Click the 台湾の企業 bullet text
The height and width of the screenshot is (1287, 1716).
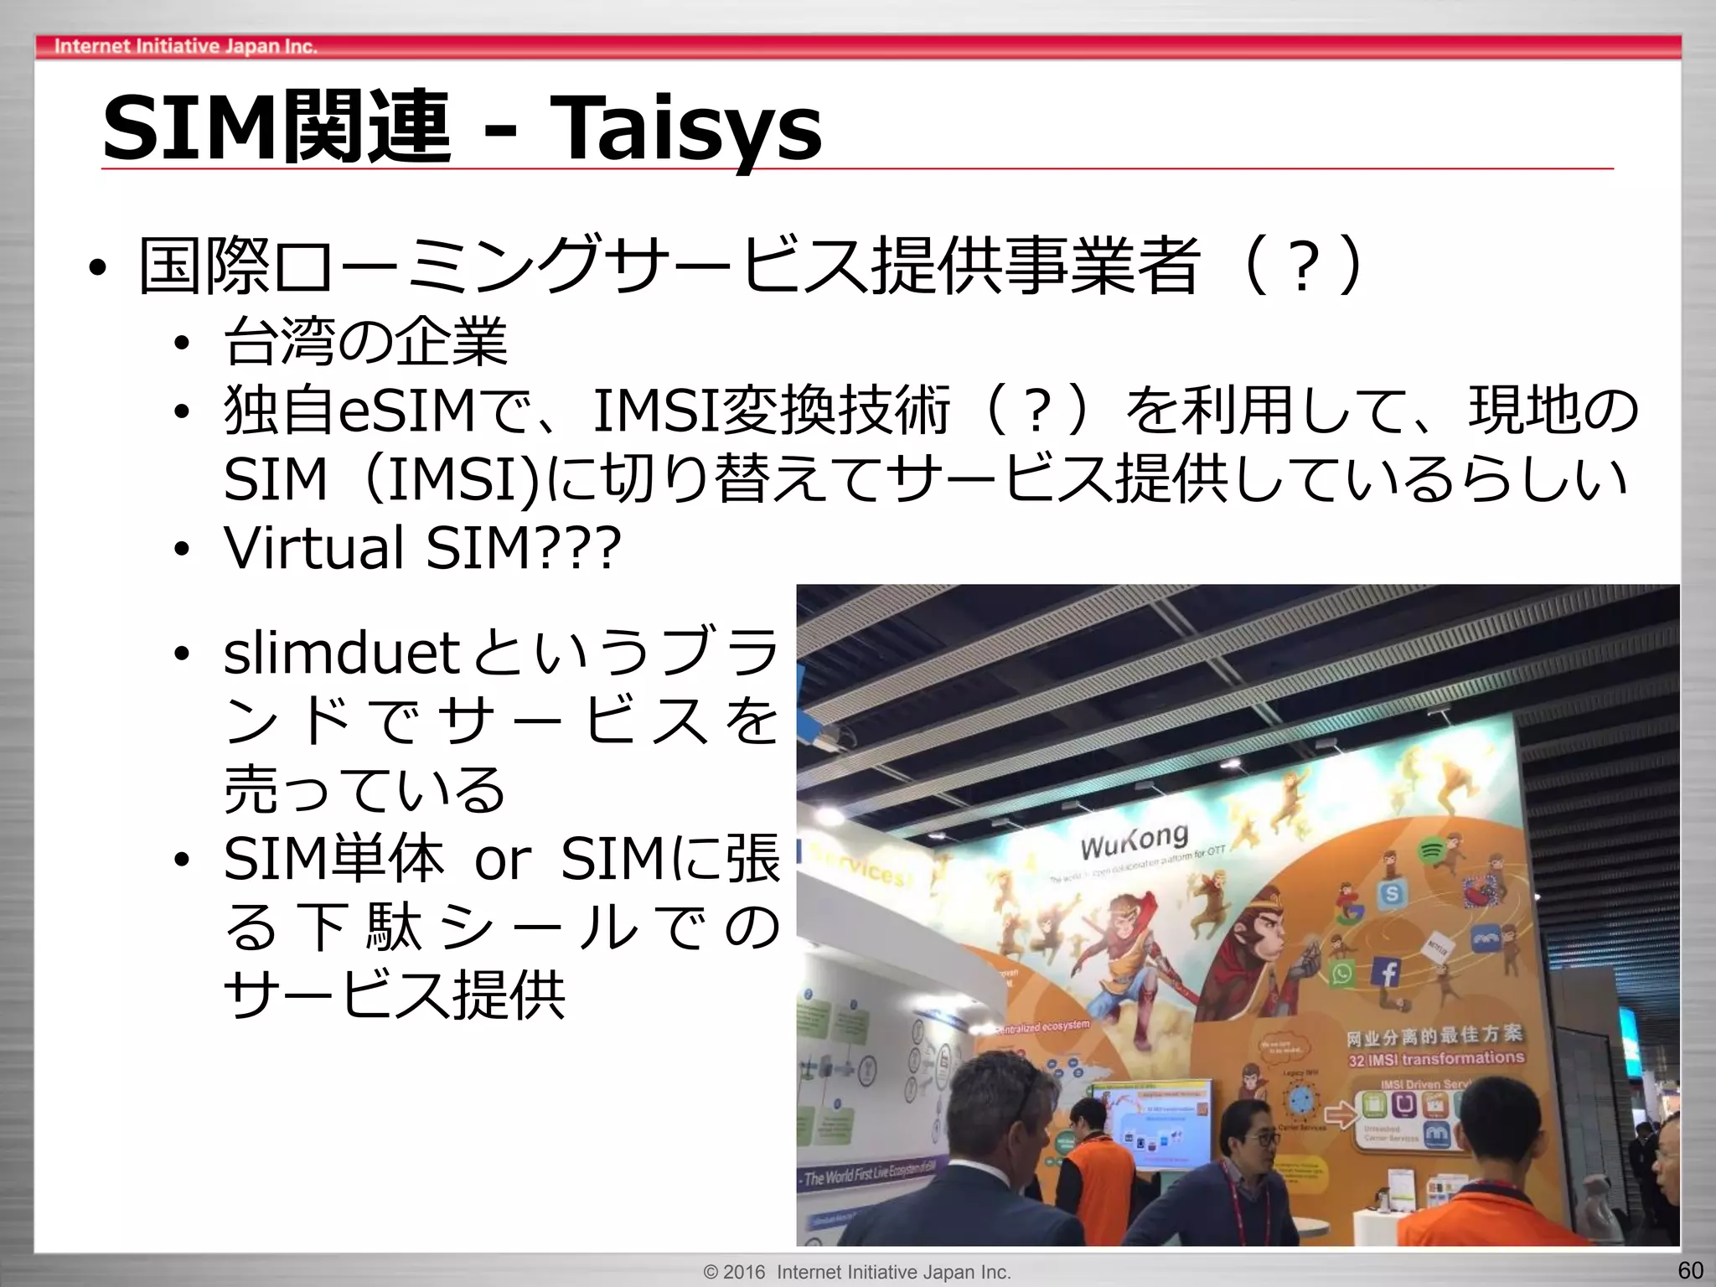click(365, 342)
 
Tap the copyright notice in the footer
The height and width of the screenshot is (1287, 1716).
click(857, 1272)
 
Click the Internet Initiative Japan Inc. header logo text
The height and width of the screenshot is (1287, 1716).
click(185, 46)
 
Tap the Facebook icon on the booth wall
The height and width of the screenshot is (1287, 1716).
click(1388, 973)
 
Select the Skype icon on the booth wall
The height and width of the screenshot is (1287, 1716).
click(1391, 894)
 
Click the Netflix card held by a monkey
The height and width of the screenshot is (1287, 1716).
click(1436, 949)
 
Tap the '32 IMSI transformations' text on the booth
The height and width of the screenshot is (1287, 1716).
click(1435, 1059)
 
